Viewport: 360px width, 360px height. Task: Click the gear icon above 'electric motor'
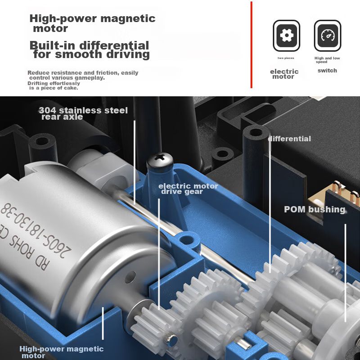coord(286,36)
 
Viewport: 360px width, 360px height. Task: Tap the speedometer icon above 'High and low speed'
coord(328,36)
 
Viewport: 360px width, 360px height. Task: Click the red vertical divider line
coord(252,45)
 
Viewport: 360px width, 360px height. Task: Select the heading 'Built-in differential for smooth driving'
coord(90,50)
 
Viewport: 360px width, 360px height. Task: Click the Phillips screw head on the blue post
coord(160,159)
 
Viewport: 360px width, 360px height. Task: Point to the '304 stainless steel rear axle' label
coord(83,113)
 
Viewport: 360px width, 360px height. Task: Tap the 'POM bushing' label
coord(315,209)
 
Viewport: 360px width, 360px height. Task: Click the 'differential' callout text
coord(289,139)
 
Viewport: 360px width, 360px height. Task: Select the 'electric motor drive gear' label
coord(188,189)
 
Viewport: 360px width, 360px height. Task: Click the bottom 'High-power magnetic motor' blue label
coord(61,352)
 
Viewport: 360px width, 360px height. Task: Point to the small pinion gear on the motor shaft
coord(152,321)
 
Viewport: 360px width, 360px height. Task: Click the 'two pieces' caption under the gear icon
coord(286,58)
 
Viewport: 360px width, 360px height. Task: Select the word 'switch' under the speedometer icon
coord(327,71)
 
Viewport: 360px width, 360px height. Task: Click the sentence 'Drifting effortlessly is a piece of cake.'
coord(54,85)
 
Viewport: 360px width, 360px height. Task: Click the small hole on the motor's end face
coord(130,277)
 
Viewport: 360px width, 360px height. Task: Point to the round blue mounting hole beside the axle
coord(187,240)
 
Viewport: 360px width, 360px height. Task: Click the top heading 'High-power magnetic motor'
coord(93,23)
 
